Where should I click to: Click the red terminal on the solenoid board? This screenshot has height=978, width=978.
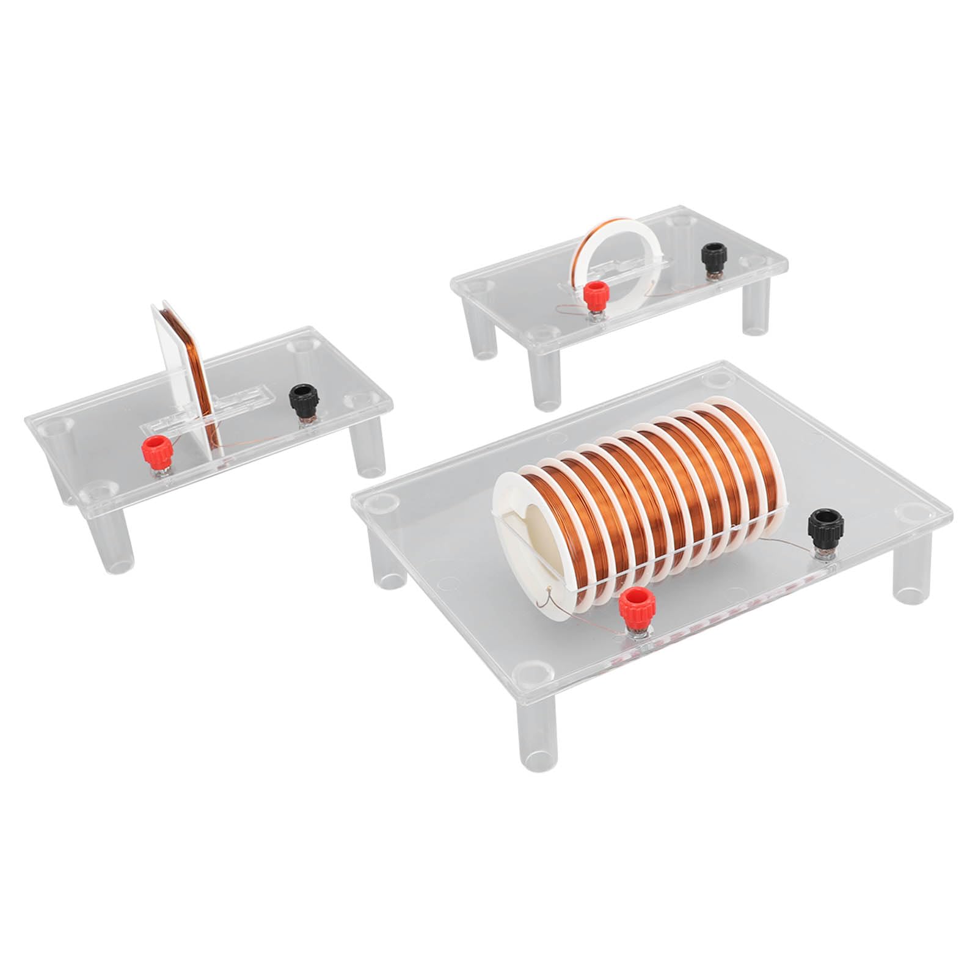click(633, 606)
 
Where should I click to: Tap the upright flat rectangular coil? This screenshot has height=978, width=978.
click(183, 379)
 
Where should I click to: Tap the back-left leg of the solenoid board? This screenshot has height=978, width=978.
click(389, 562)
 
